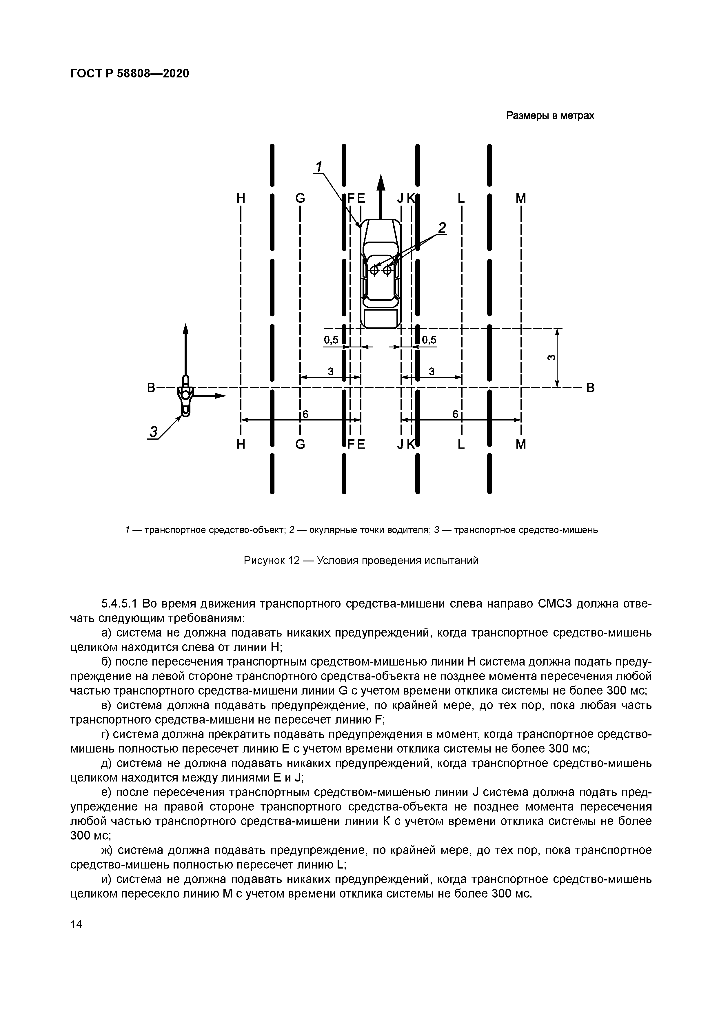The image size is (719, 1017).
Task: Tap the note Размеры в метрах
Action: tap(550, 116)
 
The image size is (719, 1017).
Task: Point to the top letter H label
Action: tap(241, 199)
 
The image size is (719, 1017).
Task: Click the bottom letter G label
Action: tap(300, 444)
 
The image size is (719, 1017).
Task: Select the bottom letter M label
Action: tap(521, 444)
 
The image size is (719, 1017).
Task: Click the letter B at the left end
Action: tap(151, 388)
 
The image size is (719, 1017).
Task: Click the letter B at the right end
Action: tap(590, 388)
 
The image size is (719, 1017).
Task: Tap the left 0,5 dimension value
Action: tap(331, 340)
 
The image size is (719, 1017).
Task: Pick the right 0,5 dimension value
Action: tap(429, 340)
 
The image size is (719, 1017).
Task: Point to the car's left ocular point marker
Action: tap(374, 270)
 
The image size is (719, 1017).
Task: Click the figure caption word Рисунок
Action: tap(264, 561)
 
